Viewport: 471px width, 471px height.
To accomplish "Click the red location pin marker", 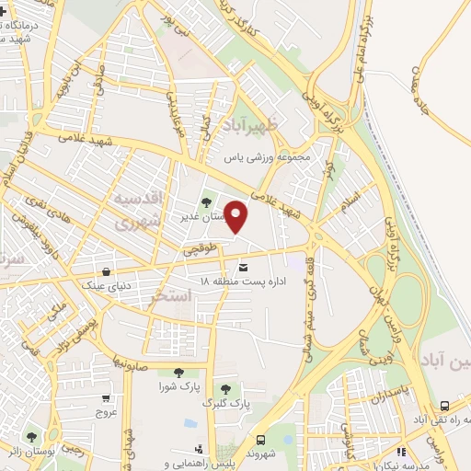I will [x=237, y=216].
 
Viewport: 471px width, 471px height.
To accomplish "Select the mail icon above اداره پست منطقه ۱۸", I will [x=243, y=268].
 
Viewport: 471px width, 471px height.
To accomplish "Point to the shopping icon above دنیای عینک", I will [x=109, y=271].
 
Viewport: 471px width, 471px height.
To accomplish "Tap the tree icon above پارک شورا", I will [x=178, y=373].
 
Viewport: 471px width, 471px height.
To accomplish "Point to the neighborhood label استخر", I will [x=170, y=295].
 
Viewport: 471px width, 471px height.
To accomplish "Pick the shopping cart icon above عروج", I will [x=108, y=398].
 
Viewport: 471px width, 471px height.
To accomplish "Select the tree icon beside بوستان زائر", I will [x=31, y=436].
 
